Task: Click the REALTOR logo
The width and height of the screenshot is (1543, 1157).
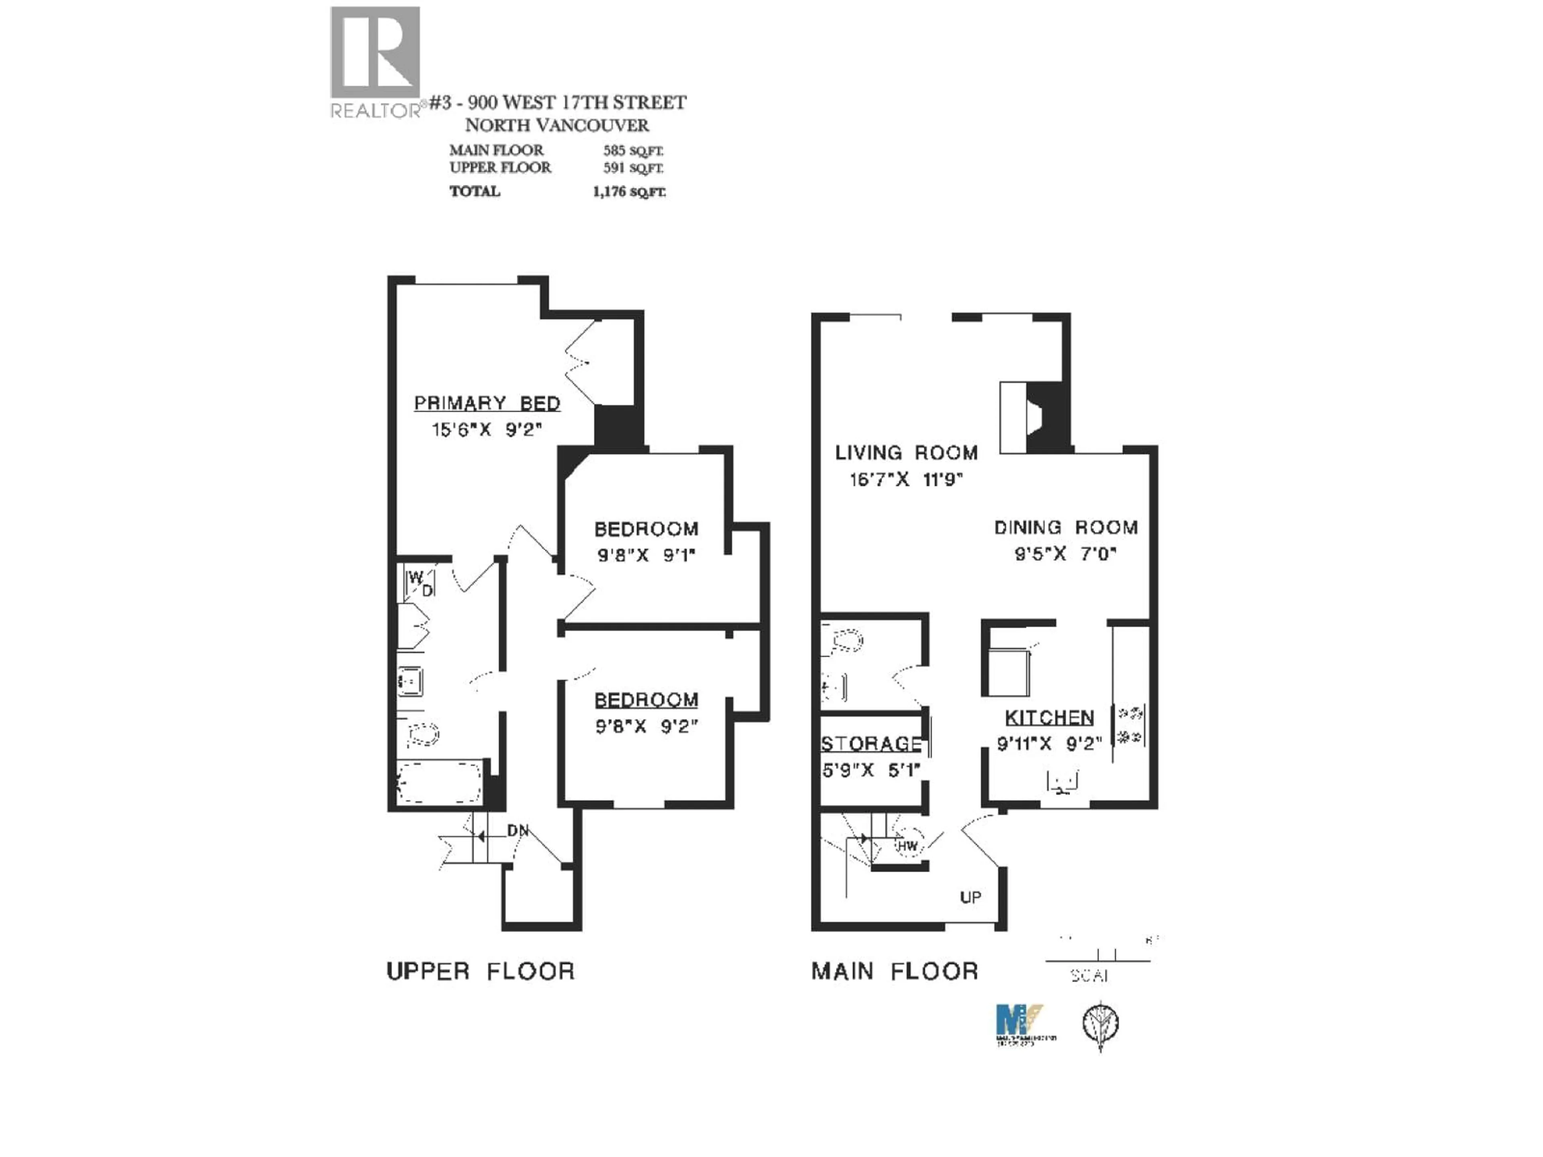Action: coord(375,61)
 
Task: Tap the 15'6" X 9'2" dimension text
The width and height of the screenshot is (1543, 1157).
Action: coord(487,429)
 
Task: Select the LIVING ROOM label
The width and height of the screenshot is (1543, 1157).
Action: coord(906,453)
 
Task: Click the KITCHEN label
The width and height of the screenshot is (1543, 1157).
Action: coord(1049,718)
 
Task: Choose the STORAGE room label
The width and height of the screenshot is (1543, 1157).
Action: coord(871,744)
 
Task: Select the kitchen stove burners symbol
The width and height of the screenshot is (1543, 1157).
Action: coord(1130,725)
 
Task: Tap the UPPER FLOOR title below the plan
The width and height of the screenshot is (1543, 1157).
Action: coord(481,971)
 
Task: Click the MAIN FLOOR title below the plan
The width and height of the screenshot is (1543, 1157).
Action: coord(894,971)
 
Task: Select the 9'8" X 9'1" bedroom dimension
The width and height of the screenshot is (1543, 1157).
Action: coord(646,556)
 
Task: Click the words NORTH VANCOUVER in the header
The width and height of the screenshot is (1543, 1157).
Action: coord(557,125)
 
